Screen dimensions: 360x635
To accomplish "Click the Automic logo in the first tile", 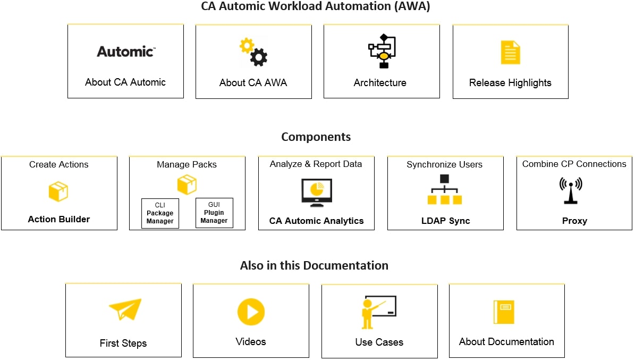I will coord(125,52).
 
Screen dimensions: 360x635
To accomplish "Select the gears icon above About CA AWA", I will coord(253,52).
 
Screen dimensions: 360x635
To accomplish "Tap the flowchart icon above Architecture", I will coord(382,51).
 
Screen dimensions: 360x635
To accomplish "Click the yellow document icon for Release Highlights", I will coord(510,53).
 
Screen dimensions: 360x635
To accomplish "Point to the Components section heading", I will coord(316,137).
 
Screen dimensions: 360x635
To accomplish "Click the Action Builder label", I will coord(59,219).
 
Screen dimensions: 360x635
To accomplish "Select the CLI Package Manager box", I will coord(160,213).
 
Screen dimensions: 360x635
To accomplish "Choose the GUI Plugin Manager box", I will coord(214,213).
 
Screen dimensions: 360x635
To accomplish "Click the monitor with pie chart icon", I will coord(317,192).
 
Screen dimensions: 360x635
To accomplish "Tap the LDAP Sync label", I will coord(445,221).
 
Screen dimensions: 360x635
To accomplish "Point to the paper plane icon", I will coord(125,309).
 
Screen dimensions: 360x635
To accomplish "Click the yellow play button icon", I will coord(251,312).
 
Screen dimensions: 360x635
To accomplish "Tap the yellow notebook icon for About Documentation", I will coord(504,312).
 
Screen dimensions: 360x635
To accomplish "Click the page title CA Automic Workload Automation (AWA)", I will coord(316,7).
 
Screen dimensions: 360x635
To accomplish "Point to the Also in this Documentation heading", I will coord(314,265).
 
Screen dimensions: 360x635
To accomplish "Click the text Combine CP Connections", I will coord(574,164).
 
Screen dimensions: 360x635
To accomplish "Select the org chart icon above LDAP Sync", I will coord(445,190).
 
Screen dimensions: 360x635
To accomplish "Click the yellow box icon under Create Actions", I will coord(58,191).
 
